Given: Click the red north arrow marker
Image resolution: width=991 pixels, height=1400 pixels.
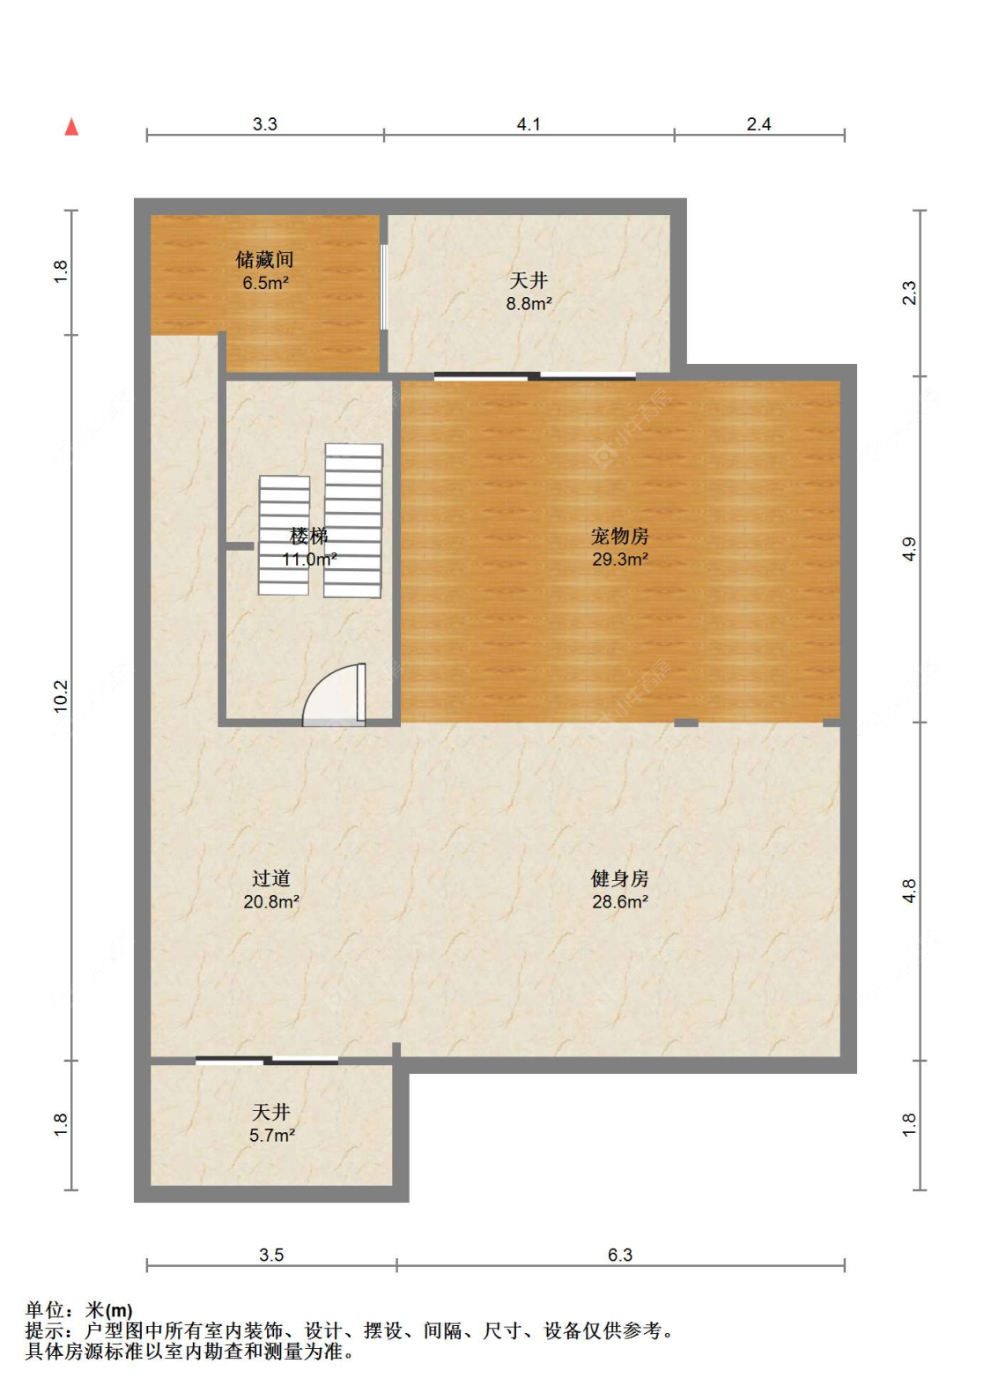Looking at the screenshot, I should click(72, 127).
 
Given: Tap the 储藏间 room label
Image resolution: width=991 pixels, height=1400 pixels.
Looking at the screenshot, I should click(264, 259).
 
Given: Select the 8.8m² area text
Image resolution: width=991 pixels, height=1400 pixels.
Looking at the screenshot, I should click(529, 304).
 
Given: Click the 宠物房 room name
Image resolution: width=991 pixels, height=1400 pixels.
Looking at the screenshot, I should click(619, 536).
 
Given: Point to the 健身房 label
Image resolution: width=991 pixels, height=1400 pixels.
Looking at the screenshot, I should click(619, 878).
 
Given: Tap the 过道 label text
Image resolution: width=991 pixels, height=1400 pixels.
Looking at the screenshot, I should click(270, 878).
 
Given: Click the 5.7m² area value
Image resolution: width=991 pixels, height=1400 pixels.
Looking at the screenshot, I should click(271, 1136).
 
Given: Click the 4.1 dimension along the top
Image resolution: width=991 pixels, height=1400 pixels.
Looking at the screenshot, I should click(529, 124).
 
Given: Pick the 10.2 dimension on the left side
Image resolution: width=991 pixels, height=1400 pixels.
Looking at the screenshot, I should click(60, 696).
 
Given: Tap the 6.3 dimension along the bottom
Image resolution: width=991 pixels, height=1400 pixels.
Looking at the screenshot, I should click(620, 1255).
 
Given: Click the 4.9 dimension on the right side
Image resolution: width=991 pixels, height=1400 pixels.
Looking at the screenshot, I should click(909, 549).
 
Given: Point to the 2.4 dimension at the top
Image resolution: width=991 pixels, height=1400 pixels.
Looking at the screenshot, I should click(758, 124).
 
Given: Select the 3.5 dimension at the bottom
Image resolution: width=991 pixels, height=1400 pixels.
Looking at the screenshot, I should click(271, 1255).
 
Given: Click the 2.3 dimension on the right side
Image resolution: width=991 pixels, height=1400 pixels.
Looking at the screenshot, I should click(909, 293).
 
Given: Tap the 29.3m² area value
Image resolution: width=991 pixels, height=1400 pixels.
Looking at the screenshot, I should click(620, 559).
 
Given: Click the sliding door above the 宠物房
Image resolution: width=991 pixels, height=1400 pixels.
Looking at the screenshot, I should click(535, 376).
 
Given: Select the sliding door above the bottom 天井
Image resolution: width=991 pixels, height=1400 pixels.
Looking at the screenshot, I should click(267, 1060).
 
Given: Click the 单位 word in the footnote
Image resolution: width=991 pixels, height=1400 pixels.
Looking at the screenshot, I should click(44, 1310).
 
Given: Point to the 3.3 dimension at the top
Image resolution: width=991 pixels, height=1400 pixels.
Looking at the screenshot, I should click(265, 124).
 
